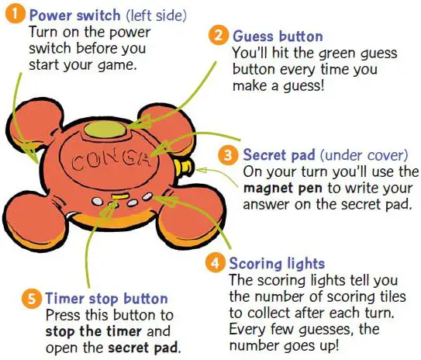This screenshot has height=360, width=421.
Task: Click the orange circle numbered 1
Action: (x=16, y=15)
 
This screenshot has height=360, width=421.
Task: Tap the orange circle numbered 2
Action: (x=219, y=35)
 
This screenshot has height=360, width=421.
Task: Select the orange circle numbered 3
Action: (x=228, y=155)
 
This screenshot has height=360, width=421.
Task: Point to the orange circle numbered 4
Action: (x=215, y=263)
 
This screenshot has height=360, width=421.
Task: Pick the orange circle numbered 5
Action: (x=32, y=298)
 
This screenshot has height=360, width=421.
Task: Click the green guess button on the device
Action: (x=105, y=130)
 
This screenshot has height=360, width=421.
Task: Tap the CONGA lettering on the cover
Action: (x=110, y=161)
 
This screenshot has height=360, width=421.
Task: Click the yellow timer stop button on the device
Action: (x=119, y=196)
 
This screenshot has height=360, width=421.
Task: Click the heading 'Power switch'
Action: (x=75, y=15)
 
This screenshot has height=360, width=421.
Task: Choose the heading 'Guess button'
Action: (x=278, y=36)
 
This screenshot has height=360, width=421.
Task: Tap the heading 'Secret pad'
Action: (x=279, y=155)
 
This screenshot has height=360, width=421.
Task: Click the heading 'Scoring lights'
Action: (x=277, y=264)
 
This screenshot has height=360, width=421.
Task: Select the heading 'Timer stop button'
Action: (x=107, y=299)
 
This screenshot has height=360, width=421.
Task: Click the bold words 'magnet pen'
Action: (x=283, y=188)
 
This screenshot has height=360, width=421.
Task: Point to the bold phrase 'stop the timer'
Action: (x=94, y=331)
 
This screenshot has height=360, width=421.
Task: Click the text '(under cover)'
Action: (x=364, y=155)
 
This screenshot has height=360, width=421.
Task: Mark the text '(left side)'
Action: (x=157, y=16)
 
